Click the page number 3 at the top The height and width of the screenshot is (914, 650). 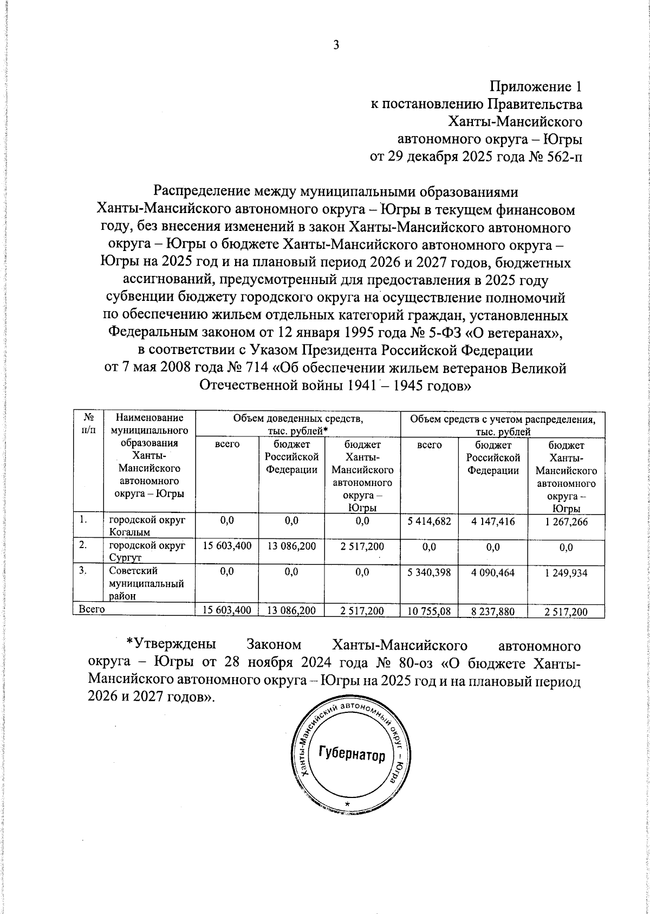336,46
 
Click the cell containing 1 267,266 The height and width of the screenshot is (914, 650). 566,522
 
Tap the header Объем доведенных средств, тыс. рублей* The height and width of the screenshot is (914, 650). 297,424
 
